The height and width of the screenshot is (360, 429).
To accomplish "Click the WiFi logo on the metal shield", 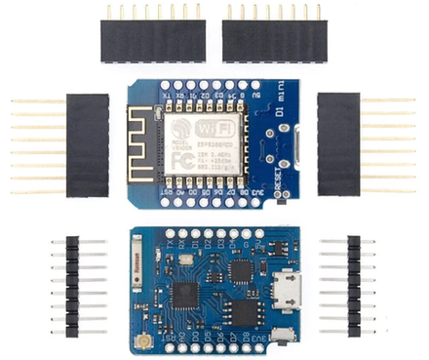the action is tap(215, 130).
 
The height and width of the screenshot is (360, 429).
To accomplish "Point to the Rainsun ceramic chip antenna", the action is tap(138, 262).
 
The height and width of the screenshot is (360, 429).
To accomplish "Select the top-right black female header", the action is tap(275, 40).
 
